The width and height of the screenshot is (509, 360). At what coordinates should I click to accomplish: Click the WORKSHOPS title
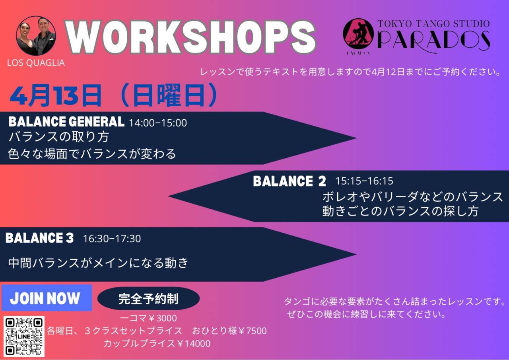pos(190,37)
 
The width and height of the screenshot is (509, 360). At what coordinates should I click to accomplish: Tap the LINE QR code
pos(24,336)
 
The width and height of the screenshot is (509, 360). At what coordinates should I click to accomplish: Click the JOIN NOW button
pos(47,298)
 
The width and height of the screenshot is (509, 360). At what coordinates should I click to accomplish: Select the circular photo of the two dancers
pos(36,36)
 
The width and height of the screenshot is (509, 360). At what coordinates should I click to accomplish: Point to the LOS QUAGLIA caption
pos(36,63)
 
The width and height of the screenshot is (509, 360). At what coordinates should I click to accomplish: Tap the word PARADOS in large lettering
pos(433,41)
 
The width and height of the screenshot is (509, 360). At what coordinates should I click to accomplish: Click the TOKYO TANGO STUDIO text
pos(433,24)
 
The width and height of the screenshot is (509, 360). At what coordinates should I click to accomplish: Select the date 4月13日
pos(56,95)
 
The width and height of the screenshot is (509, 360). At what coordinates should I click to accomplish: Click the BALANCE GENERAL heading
pos(66,122)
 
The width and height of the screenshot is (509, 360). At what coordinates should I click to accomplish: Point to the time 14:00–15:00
pos(158,123)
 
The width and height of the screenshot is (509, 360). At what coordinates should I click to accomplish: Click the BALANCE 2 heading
pos(289,181)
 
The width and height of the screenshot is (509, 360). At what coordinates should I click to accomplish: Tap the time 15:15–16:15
pos(364,181)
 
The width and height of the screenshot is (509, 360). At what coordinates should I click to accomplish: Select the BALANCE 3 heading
pos(39,238)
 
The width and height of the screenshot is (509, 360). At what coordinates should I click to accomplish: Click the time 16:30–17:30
pos(112,239)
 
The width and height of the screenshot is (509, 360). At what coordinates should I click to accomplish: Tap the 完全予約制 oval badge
pos(148,298)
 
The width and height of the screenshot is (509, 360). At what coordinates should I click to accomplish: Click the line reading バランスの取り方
pos(59,137)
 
